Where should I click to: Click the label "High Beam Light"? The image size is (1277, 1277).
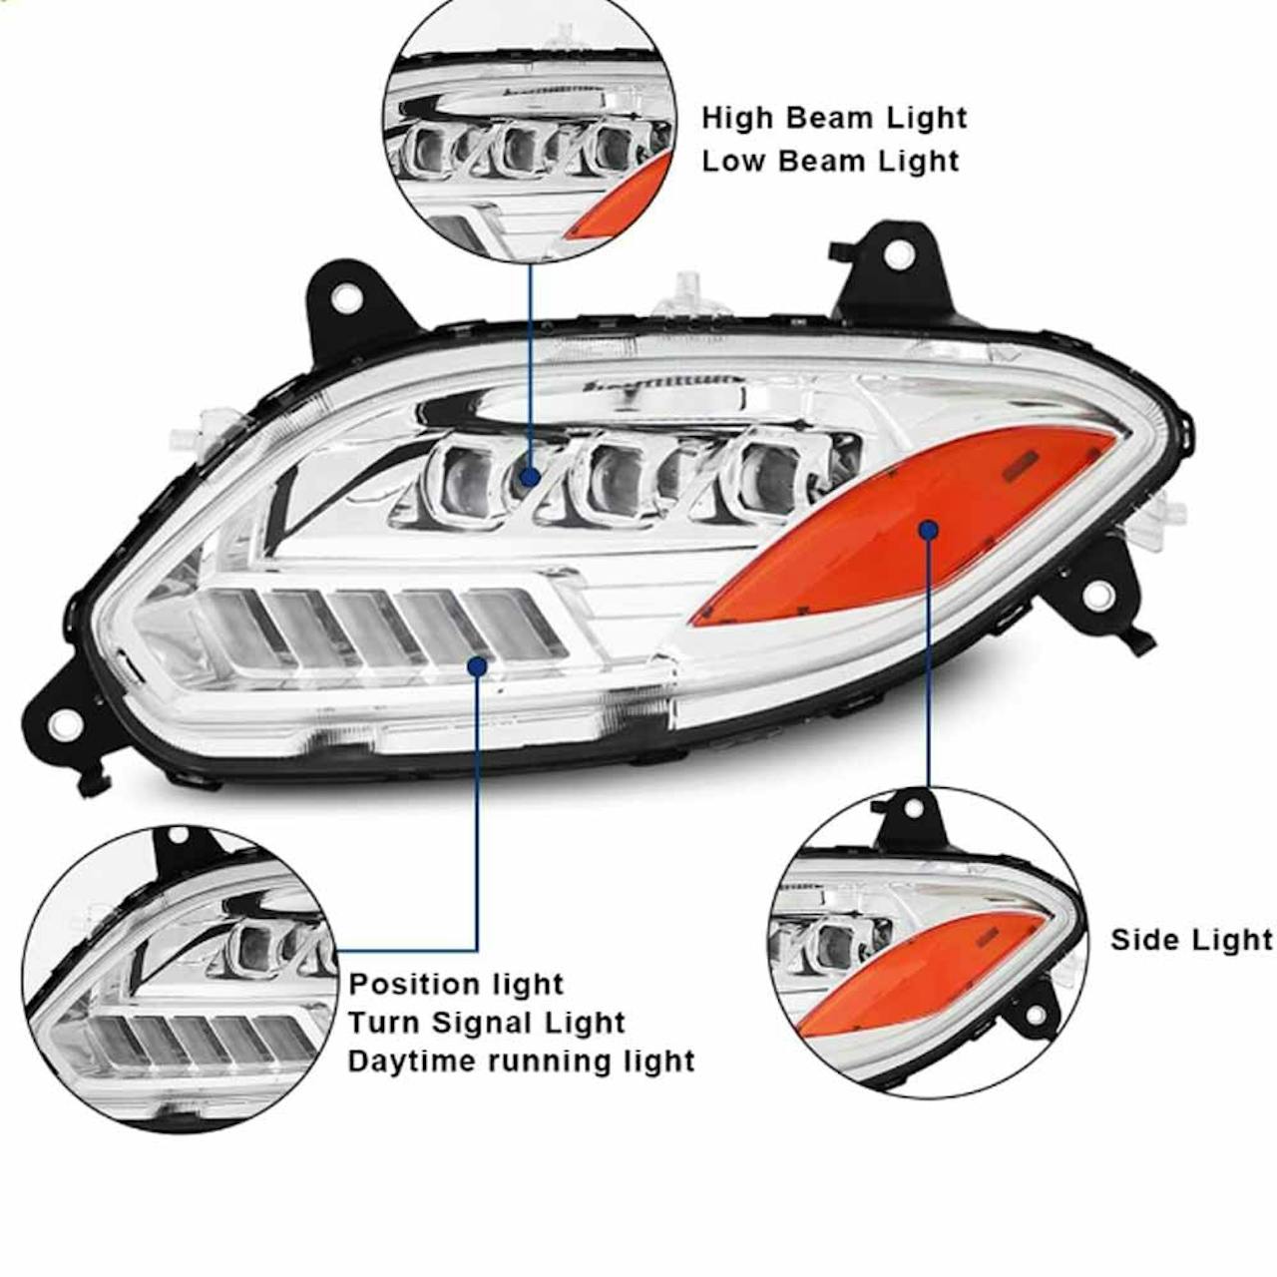point(834,119)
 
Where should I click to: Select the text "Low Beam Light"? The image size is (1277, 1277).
point(830,161)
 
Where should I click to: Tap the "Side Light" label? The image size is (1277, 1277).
point(1191,940)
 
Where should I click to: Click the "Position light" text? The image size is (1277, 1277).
point(456,984)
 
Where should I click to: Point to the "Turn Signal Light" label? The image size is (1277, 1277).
point(487,1023)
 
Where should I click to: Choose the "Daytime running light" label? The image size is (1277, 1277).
point(522,1061)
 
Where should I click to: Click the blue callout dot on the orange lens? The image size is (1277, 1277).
point(929,530)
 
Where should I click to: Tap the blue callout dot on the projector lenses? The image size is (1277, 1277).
point(530,476)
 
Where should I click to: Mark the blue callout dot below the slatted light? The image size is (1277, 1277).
point(477,666)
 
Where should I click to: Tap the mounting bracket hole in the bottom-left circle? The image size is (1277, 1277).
point(178,836)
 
